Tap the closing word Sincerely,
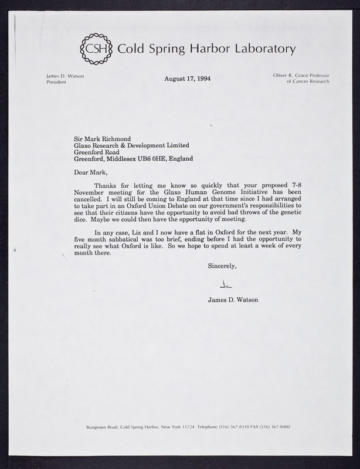point(222,267)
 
